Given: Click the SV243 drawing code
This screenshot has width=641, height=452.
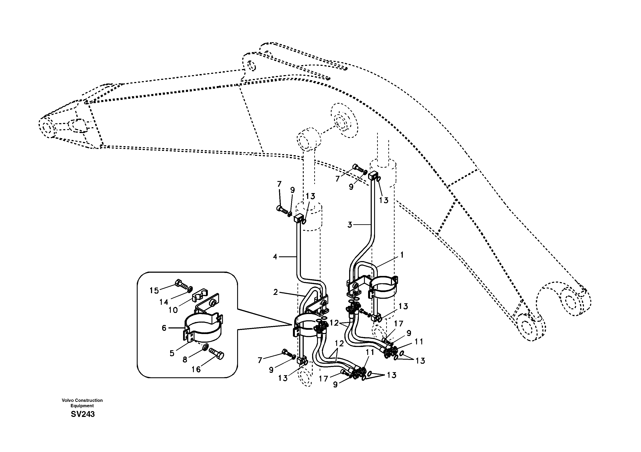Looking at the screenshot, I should click(83, 414).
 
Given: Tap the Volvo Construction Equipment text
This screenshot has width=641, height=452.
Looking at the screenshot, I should click(82, 403).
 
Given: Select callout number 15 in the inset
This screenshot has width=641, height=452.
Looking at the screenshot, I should click(154, 290).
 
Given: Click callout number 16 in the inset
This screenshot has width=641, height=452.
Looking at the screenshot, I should click(196, 369).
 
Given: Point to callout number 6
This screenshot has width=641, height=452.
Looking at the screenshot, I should click(164, 328).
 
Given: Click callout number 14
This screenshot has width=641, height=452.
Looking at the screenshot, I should click(164, 302).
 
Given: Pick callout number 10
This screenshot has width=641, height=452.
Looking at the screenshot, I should click(173, 310).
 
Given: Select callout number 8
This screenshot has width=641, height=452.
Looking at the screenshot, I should click(185, 360).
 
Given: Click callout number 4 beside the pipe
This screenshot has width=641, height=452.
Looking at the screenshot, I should click(275, 257).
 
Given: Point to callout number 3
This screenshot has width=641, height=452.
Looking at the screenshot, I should click(350, 225).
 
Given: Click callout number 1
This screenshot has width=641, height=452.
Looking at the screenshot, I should click(402, 255).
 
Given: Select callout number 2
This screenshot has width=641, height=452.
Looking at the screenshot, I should click(275, 292).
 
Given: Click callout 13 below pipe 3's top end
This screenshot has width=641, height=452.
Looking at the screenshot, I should click(384, 200).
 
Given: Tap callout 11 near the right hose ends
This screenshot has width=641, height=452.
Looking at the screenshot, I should click(419, 342).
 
